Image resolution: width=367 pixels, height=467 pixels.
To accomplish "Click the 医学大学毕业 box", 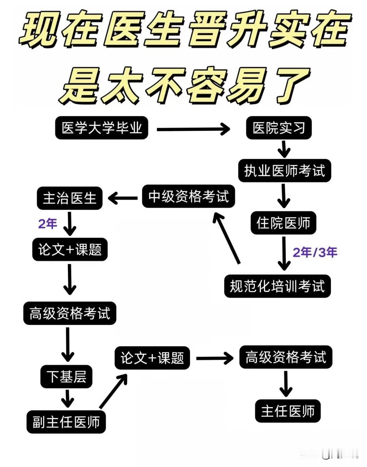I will point(102,128).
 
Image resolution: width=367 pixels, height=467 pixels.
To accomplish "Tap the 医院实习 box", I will point(279,128).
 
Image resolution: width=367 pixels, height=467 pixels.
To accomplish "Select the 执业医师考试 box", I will point(284,170).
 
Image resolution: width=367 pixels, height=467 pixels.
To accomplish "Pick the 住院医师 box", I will point(283,223).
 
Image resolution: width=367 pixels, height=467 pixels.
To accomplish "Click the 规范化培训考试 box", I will point(277,286).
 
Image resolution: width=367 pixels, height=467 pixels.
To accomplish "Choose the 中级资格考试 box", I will point(189,196).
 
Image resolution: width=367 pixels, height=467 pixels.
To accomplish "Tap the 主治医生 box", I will point(70,198).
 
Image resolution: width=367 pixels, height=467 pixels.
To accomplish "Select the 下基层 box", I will point(66,377).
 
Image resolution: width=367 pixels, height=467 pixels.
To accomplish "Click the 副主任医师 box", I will point(66,422).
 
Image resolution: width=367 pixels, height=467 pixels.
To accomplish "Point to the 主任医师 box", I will point(288,411).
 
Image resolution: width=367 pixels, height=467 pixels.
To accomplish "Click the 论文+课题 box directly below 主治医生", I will point(70,250).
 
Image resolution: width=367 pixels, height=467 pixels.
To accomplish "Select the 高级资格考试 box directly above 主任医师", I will point(286,357).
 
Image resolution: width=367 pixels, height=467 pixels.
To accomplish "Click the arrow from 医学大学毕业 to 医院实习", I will point(193,129).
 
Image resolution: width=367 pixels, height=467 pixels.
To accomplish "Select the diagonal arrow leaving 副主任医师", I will point(113,391).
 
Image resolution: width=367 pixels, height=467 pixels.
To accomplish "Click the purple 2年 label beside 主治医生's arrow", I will point(48,224).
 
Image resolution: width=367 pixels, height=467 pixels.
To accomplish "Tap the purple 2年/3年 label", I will point(315,252).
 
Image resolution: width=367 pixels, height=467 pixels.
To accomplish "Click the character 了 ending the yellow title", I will point(293,85).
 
